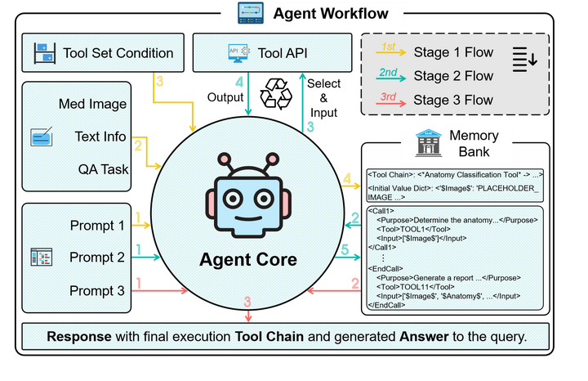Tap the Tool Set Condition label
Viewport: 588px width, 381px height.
coord(118,54)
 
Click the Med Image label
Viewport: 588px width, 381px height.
coord(92,104)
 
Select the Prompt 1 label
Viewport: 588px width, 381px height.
coord(97,225)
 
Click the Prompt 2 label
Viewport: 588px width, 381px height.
coord(97,258)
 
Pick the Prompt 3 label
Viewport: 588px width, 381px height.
coord(97,290)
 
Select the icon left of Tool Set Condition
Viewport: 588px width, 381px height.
coord(43,54)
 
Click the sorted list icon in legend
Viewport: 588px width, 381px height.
coord(523,59)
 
